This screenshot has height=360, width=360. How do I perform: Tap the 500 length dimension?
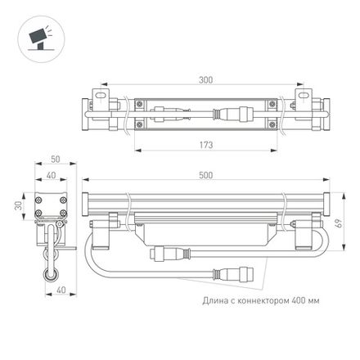214,174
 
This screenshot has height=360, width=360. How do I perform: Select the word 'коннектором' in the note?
262,301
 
